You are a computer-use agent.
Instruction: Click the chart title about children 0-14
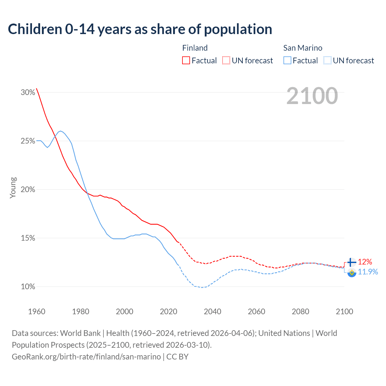[x=140, y=29]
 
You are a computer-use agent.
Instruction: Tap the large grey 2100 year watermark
[x=312, y=96]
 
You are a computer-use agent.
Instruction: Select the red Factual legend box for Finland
[x=186, y=61]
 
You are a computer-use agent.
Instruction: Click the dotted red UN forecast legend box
[x=226, y=61]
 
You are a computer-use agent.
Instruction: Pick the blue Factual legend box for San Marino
[x=287, y=61]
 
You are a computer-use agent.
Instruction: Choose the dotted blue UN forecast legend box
[x=327, y=61]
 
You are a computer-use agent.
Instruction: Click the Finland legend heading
[x=195, y=48]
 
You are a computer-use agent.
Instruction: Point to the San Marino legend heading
[x=302, y=48]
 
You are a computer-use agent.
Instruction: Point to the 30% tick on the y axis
[x=28, y=93]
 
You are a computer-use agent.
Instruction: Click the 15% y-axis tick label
[x=28, y=238]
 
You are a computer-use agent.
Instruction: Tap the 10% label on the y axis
[x=28, y=287]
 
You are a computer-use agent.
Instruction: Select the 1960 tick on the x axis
[x=36, y=312]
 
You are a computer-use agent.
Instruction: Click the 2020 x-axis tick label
[x=168, y=312]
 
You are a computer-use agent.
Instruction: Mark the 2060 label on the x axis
[x=256, y=312]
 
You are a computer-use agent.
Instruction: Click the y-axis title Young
[x=13, y=188]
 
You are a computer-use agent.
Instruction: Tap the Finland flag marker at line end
[x=352, y=262]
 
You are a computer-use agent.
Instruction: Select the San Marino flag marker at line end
[x=352, y=272]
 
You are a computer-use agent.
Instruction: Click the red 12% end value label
[x=365, y=262]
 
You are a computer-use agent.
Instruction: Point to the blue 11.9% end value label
[x=368, y=272]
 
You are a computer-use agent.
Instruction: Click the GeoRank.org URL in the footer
[x=86, y=357]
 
